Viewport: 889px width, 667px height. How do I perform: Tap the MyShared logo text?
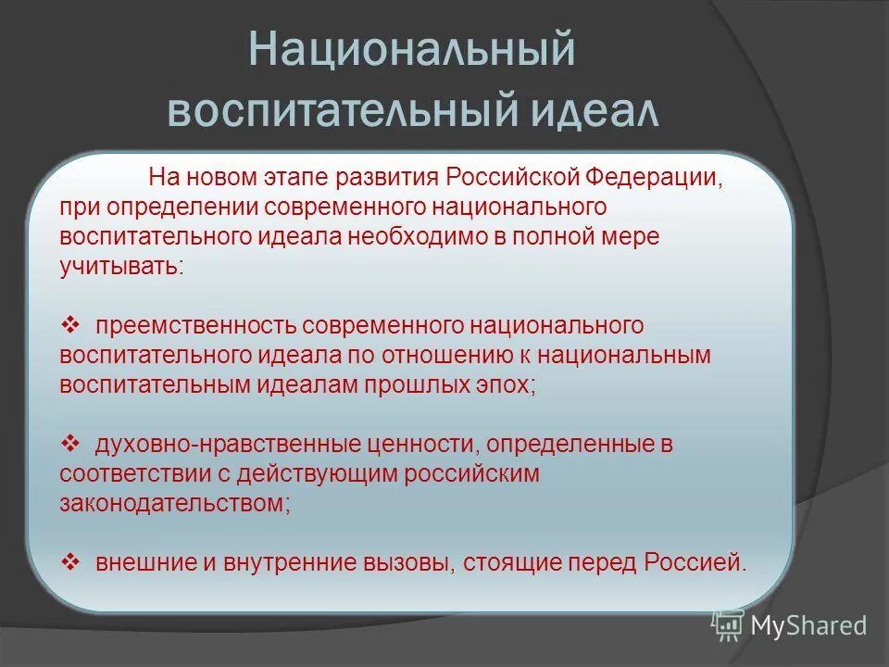click(x=808, y=625)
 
